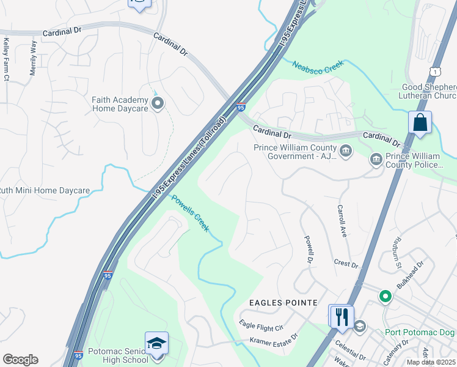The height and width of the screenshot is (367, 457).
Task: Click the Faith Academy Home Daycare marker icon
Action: tap(158, 103)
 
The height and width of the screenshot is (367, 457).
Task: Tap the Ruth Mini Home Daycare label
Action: tap(44, 191)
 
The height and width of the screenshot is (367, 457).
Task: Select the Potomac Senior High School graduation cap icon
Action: tap(156, 344)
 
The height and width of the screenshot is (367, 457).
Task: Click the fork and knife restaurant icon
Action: tap(341, 316)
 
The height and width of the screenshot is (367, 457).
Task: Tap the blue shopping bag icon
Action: tap(420, 122)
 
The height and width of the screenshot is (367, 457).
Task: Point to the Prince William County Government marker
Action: tap(345, 151)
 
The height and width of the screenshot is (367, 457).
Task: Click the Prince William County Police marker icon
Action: tap(376, 160)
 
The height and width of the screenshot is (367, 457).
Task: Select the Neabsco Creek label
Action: tap(318, 67)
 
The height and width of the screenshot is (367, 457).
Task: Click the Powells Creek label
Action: tap(190, 213)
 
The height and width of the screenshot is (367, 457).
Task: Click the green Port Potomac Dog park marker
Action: tap(385, 297)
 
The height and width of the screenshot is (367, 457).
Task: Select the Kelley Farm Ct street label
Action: tap(6, 59)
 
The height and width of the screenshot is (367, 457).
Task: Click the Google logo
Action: tap(20, 359)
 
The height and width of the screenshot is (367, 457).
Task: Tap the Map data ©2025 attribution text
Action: tap(431, 362)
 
